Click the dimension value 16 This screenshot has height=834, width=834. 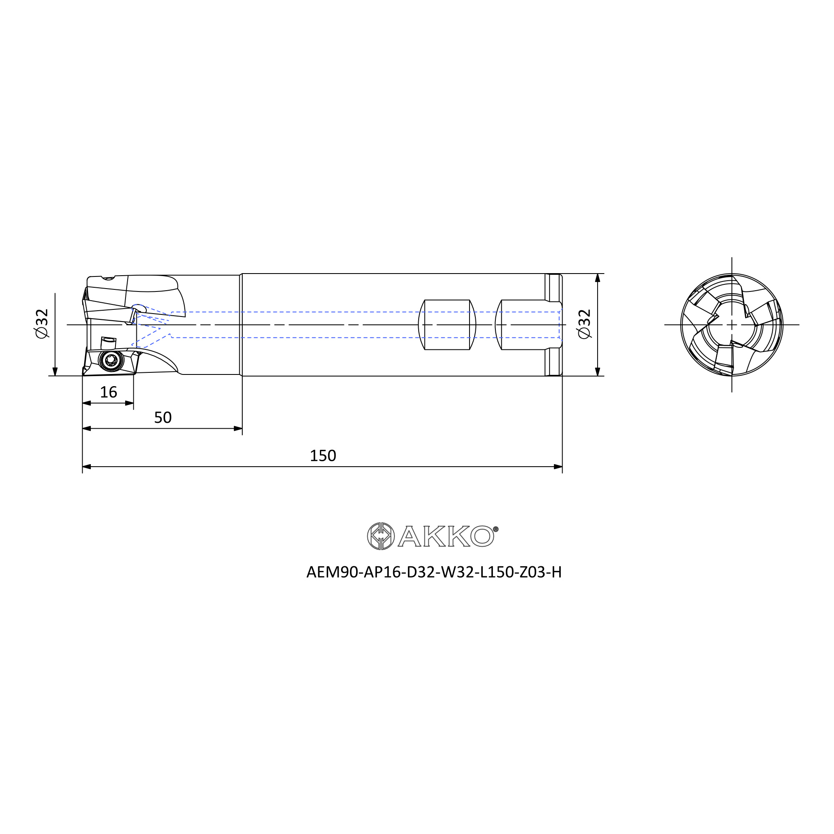108,392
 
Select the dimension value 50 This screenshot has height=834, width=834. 163,417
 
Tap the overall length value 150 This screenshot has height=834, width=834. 323,456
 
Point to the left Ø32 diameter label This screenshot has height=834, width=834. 42,324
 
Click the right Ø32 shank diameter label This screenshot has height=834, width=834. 584,324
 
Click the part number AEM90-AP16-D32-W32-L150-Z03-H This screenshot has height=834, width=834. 434,573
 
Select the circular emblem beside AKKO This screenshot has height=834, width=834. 380,536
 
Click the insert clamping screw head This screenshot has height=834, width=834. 111,359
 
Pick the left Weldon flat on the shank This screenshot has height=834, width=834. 447,324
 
